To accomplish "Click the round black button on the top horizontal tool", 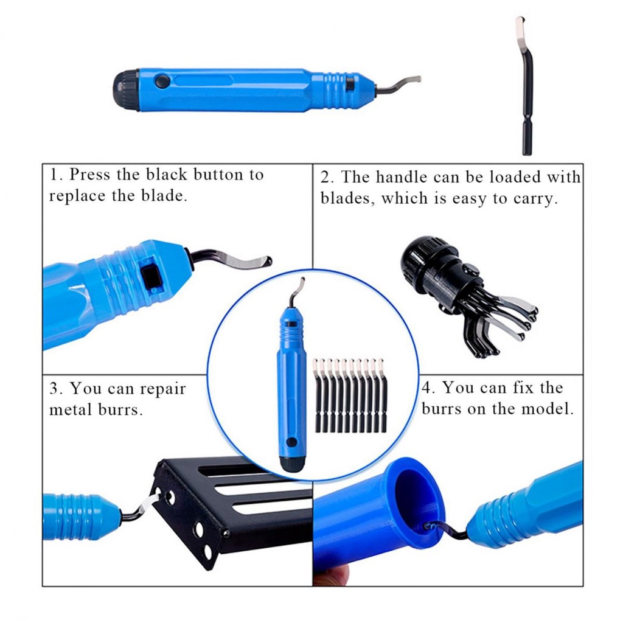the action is click(162, 82).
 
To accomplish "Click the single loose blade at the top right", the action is click(525, 85).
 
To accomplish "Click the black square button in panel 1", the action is click(151, 277).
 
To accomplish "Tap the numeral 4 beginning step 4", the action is click(426, 388).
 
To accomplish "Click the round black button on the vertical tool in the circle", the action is click(291, 442).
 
